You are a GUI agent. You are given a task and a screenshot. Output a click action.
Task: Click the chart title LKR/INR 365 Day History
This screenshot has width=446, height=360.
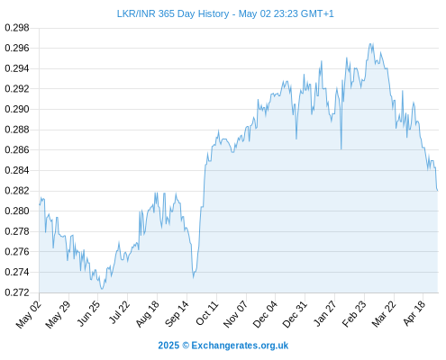173,13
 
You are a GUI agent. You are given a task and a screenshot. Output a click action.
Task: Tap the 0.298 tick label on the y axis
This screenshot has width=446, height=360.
17,28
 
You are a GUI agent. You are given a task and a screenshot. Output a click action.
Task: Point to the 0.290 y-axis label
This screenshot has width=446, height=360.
17,109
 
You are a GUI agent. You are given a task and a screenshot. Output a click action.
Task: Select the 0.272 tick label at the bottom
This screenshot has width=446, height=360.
17,292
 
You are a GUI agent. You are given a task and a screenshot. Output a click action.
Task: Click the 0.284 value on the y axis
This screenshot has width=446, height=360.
17,170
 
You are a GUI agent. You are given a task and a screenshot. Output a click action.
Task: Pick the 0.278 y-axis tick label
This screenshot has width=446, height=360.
17,231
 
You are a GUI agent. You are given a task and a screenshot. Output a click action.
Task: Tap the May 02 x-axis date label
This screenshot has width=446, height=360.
29,314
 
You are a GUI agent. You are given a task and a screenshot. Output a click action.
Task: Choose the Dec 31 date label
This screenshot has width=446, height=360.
295,314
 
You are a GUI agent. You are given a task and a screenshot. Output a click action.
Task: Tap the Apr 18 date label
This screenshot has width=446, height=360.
414,313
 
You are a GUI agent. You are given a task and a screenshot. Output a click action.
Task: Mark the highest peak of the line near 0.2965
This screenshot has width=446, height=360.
370,43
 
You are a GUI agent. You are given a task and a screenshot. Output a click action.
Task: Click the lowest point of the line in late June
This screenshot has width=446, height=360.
102,289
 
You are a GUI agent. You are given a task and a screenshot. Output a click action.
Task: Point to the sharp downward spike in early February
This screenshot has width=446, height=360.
341,148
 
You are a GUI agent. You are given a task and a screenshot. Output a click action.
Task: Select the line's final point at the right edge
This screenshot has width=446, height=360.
437,190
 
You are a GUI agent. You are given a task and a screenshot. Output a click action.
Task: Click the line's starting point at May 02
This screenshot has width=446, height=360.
40,205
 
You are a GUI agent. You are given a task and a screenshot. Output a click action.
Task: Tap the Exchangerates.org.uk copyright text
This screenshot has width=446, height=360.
223,346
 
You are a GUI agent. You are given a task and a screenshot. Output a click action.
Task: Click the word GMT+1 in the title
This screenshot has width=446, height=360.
317,13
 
